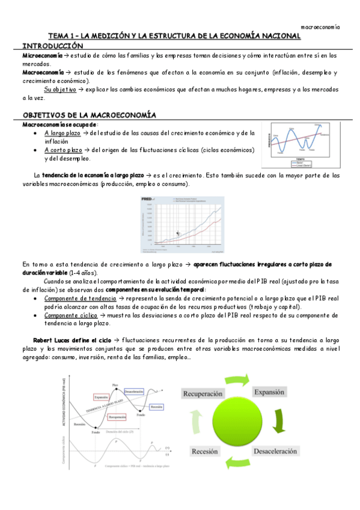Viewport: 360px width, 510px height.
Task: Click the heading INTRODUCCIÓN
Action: (52, 46)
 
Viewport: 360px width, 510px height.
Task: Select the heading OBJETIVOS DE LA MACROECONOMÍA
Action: (89, 114)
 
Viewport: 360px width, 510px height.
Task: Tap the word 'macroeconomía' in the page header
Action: (320, 27)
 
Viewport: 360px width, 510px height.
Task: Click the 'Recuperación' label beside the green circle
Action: (203, 393)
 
